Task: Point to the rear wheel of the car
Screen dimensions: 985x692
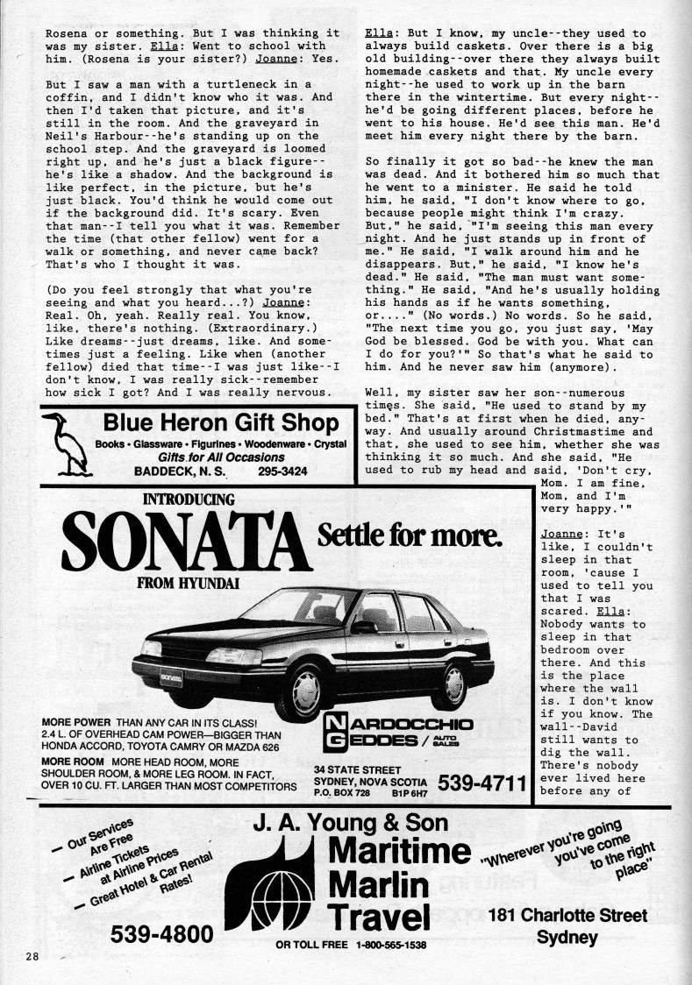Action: point(454,671)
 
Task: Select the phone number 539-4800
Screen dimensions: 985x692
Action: point(161,936)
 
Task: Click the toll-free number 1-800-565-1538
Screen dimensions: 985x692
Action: point(390,946)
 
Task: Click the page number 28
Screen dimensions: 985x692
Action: point(32,955)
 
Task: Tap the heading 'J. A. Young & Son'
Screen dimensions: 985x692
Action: point(350,823)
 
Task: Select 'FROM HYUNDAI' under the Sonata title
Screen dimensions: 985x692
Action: point(188,582)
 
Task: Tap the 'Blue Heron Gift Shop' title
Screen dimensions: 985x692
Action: point(220,422)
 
